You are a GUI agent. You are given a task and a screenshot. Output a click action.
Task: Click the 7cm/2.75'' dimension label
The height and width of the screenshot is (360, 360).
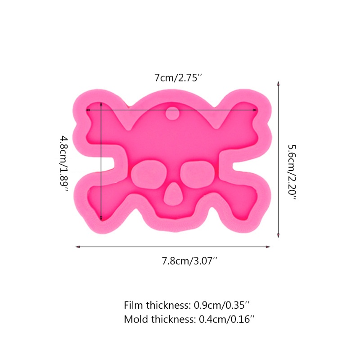178,78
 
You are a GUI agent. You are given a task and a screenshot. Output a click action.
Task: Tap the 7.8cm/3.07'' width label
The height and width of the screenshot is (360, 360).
189,261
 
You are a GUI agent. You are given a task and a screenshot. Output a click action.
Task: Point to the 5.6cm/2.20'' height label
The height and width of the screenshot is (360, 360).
292,172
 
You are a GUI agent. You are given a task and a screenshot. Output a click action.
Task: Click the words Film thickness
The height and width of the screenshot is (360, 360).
157,305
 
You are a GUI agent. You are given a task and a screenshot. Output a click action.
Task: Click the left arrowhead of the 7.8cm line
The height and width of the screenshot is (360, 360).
78,247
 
